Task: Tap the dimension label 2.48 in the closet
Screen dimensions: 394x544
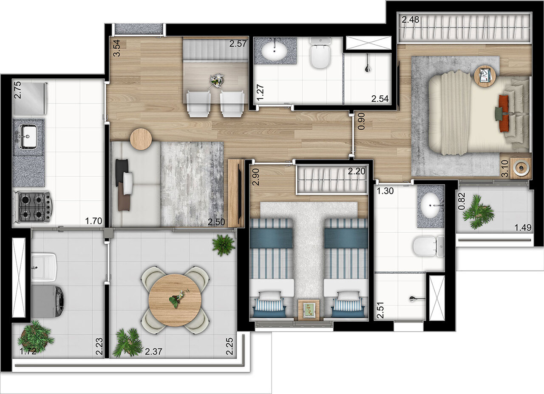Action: pos(410,20)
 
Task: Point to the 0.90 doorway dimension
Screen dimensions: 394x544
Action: pos(361,121)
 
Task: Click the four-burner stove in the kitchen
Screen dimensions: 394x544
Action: pos(34,206)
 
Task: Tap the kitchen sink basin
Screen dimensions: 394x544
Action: pos(28,137)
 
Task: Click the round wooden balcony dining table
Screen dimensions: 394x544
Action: pos(175,300)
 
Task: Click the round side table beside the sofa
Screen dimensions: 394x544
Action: pos(141,139)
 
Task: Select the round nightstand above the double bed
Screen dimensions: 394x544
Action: pos(485,76)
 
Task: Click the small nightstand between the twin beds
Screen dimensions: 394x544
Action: pos(309,309)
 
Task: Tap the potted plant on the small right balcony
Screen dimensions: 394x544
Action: pos(479,211)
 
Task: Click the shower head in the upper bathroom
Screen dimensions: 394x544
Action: pos(368,67)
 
